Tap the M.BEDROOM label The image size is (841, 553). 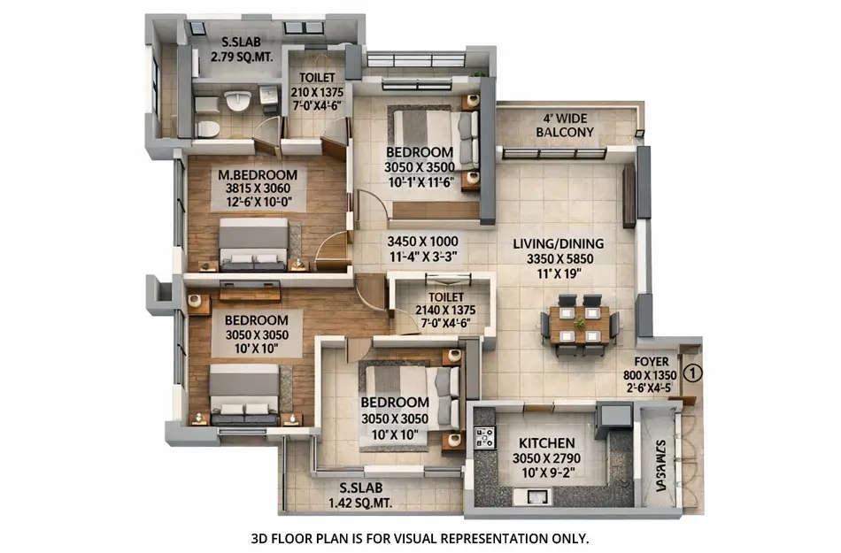coord(258,174)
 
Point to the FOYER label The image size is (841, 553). coord(652,362)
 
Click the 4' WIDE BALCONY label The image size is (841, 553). coord(565,125)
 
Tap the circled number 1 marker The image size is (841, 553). coord(693,373)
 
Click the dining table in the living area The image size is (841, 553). coord(580,324)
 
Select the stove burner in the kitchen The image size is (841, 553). coord(484,436)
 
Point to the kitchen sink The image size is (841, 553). coord(535,497)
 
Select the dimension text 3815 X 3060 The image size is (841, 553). coord(258,188)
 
